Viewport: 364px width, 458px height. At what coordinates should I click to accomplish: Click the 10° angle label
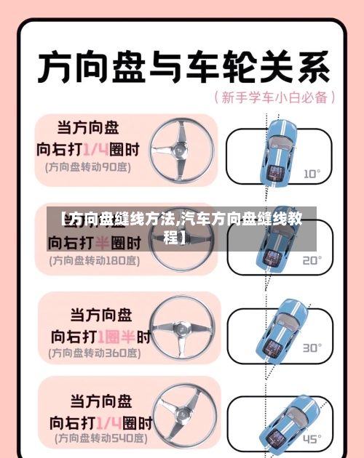pyautogui.click(x=312, y=174)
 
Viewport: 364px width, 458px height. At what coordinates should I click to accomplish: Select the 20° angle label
pyautogui.click(x=312, y=260)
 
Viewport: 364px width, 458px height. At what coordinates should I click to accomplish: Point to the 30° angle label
pyautogui.click(x=312, y=347)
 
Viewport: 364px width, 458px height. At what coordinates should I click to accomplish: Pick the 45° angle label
pyautogui.click(x=312, y=438)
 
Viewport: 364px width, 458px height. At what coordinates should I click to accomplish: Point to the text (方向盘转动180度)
pyautogui.click(x=92, y=260)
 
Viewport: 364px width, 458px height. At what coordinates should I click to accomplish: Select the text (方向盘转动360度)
pyautogui.click(x=94, y=353)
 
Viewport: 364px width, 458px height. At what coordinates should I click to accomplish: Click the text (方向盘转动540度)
pyautogui.click(x=94, y=439)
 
